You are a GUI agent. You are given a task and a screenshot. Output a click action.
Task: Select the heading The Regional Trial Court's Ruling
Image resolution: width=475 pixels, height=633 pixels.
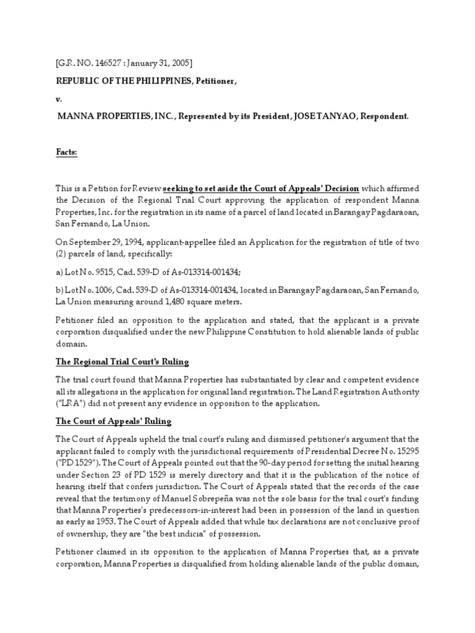(122, 361)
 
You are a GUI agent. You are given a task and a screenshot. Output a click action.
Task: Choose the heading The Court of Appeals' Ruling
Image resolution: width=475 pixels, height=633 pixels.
(114, 421)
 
